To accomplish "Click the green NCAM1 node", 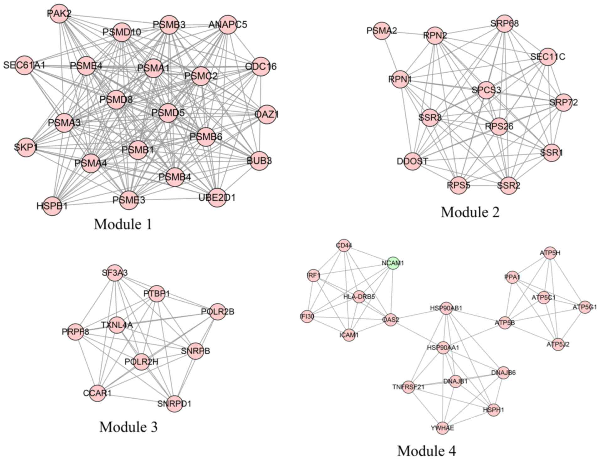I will (x=393, y=263).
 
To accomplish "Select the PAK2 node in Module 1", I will (x=59, y=14).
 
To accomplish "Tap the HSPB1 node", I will (x=52, y=206).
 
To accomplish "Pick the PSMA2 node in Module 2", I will (x=382, y=31).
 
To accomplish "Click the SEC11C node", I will (x=548, y=57).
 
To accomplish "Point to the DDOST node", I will (x=412, y=161).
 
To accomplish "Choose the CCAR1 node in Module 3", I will (x=98, y=393).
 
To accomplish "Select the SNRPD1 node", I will (x=174, y=403).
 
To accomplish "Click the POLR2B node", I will (x=218, y=312).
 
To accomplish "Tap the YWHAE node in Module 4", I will (x=443, y=428).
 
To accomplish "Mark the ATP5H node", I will (x=550, y=253).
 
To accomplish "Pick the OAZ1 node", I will (x=267, y=114).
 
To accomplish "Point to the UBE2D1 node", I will (x=217, y=198).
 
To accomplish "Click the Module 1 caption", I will (x=123, y=224).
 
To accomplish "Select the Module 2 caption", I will (x=470, y=212).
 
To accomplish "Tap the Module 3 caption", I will (x=128, y=426).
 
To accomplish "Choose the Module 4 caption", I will (x=426, y=451).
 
